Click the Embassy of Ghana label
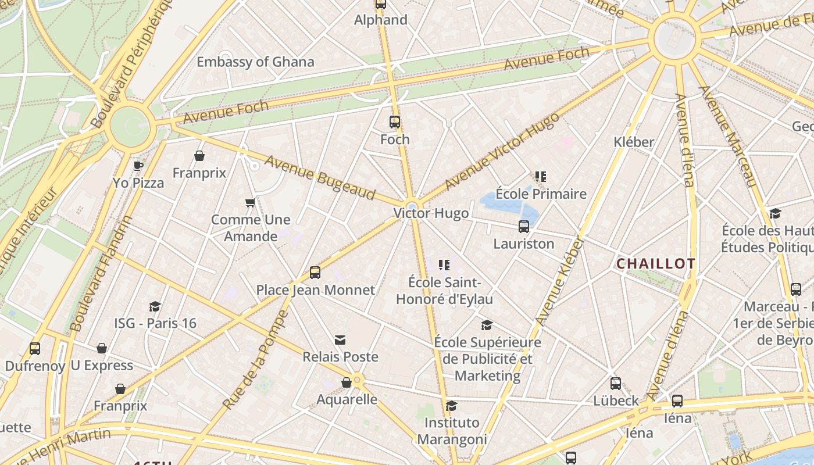tap(255, 62)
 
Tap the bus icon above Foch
tap(395, 122)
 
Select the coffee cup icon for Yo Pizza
tap(138, 166)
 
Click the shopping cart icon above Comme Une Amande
tap(251, 203)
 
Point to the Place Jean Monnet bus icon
tap(315, 272)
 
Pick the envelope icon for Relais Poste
tap(340, 339)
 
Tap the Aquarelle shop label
tap(347, 399)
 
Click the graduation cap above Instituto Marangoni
tap(452, 406)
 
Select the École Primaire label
tap(541, 194)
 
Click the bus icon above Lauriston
tap(524, 227)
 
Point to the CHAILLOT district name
tap(655, 264)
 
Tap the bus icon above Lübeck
tap(616, 384)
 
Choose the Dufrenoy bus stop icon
tap(35, 349)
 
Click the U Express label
tap(102, 366)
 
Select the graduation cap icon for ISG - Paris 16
tap(155, 306)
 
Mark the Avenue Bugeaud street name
tap(320, 177)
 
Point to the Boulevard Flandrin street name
tap(100, 274)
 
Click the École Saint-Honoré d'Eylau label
tap(444, 291)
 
